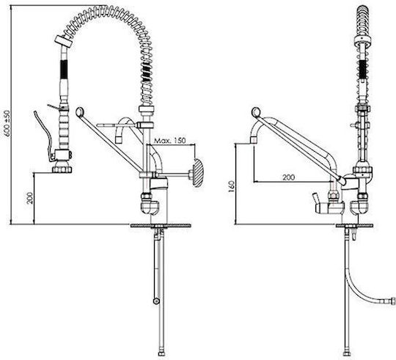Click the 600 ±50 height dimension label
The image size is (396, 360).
click(7, 123)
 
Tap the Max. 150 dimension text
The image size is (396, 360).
click(169, 140)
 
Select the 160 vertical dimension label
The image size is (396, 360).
click(231, 187)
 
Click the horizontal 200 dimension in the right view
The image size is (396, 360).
click(288, 177)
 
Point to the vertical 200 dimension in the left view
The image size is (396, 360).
click(30, 198)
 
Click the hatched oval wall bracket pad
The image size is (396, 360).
click(198, 172)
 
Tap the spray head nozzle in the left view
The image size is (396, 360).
click(62, 169)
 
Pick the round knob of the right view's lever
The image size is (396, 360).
click(256, 112)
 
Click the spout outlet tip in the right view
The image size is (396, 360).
click(254, 140)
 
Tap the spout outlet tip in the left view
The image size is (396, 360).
click(119, 139)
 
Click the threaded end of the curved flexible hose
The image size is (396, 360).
click(393, 301)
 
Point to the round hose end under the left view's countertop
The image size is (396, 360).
click(156, 301)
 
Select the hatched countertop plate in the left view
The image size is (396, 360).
click(161, 226)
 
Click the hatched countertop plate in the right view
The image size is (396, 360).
click(354, 226)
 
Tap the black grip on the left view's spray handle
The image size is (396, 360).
click(64, 69)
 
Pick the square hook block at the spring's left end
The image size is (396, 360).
click(63, 41)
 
